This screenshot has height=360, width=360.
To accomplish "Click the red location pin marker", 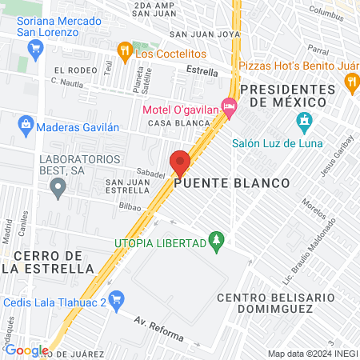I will pos(180,162).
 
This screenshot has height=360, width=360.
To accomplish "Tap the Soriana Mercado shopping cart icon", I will pos(35,49).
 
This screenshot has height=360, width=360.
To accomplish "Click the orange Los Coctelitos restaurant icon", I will pos(123,53).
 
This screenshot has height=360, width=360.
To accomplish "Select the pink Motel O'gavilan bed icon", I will pos(230,105).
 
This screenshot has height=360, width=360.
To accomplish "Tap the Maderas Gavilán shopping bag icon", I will pos(26,124).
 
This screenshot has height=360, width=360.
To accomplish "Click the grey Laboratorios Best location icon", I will pos(57,189).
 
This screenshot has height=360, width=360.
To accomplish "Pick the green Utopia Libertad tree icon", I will pos(214,239).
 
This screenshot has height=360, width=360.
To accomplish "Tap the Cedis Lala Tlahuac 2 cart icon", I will pos(117,302).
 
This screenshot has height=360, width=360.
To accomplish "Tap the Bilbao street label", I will pos(129,206).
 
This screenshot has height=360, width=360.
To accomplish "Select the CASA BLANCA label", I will pos(178,123).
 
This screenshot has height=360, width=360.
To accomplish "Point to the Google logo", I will pos(26,349).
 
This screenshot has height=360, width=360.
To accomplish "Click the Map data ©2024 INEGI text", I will pos(312,354).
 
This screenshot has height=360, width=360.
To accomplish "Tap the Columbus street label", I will pos(326,13).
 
